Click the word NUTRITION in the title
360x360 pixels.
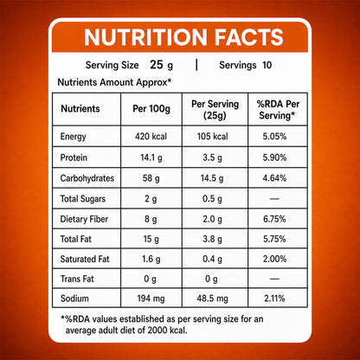click(145, 37)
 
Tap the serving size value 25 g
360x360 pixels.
click(161, 65)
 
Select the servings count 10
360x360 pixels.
click(267, 65)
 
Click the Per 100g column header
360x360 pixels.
click(151, 109)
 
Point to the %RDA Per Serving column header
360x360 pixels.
click(278, 110)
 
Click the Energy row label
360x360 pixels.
click(73, 137)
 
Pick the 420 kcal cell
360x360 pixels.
click(151, 136)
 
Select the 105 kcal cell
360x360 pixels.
click(212, 136)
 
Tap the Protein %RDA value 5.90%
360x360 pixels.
click(274, 157)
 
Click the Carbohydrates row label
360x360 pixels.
click(87, 178)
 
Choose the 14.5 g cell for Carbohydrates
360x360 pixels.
click(212, 178)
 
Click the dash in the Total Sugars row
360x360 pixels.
click(274, 199)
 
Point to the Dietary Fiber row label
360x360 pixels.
click(84, 219)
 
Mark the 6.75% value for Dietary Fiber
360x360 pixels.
click(274, 219)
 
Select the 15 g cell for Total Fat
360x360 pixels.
click(151, 239)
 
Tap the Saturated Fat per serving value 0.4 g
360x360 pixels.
click(212, 259)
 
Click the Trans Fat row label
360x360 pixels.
click(77, 279)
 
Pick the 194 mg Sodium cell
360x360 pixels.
click(151, 299)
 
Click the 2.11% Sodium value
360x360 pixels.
click(274, 299)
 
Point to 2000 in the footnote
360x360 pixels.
click(157, 330)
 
